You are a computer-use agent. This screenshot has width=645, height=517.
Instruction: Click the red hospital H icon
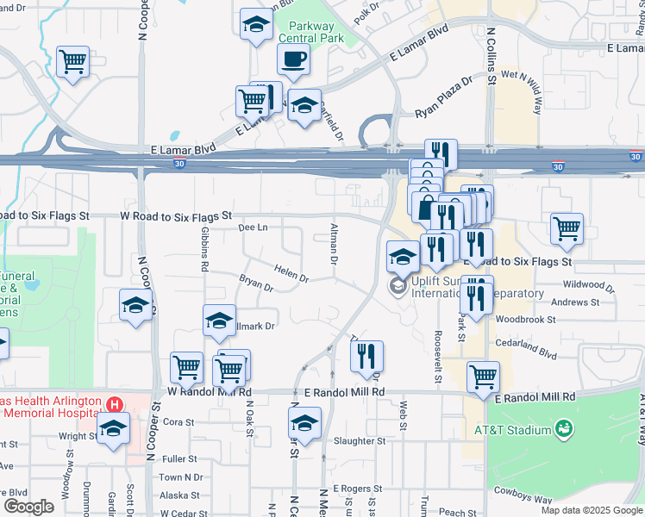tap(114, 403)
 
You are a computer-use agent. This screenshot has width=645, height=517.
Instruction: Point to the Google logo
tap(28, 507)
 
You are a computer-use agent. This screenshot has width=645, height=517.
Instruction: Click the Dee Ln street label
tap(252, 227)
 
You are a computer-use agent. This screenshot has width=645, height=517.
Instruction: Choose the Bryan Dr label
tap(255, 283)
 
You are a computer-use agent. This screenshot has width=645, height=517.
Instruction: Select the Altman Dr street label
tap(333, 243)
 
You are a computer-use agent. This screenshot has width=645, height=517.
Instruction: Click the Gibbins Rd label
tap(204, 249)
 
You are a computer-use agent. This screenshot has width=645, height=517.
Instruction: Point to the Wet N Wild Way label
tap(524, 92)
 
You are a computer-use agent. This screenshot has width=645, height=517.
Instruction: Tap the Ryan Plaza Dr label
tap(444, 97)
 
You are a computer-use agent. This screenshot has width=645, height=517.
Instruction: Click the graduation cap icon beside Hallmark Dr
tap(219, 321)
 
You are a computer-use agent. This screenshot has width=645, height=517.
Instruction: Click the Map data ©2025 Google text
tap(592, 510)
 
